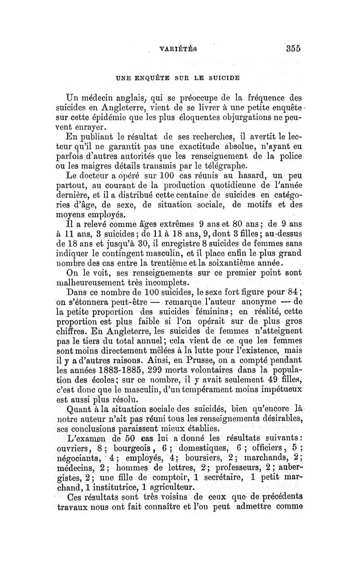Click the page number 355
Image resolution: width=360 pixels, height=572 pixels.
[x=291, y=49]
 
